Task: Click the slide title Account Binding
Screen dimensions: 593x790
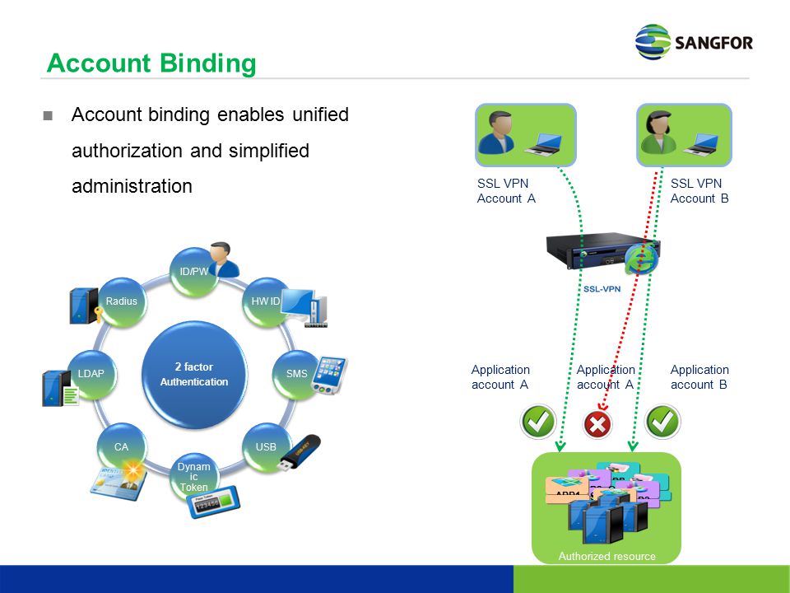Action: (151, 63)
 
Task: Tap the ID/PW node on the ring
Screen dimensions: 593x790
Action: (194, 273)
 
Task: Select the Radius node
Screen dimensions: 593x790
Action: (122, 302)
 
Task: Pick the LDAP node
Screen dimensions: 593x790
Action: (91, 374)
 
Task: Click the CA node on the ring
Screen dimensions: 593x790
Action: (122, 447)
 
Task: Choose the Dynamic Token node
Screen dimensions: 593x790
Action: (194, 477)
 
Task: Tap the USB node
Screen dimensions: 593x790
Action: (266, 447)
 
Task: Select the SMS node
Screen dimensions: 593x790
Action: (296, 374)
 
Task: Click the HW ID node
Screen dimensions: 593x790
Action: (266, 302)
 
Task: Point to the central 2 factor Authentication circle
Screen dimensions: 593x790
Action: (194, 374)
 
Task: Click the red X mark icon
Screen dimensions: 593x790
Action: (597, 424)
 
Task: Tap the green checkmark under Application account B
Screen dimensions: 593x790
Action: (662, 423)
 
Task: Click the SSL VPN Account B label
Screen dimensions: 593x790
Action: (699, 190)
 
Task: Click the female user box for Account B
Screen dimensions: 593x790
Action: (685, 135)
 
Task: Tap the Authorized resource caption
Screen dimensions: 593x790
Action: (606, 556)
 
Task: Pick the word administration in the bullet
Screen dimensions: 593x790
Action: (132, 186)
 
